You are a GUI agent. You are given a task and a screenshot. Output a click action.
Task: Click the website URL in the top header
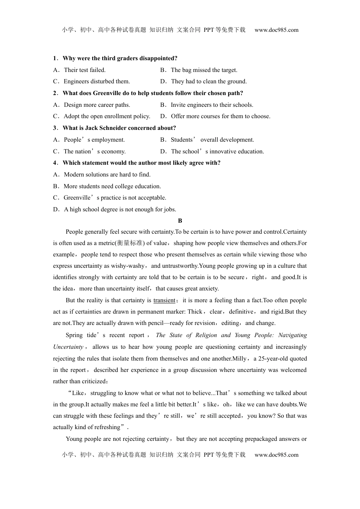tap(276, 30)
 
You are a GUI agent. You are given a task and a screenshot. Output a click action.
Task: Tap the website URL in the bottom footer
tap(276, 455)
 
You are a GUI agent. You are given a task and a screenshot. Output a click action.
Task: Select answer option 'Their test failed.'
tap(85, 70)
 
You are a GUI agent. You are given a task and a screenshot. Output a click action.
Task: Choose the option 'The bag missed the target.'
tap(204, 70)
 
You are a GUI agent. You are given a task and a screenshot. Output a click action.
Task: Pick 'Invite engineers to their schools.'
tap(212, 105)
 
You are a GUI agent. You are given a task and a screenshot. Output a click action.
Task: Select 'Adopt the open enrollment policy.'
tap(107, 116)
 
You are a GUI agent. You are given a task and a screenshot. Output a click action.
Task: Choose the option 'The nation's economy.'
tap(94, 151)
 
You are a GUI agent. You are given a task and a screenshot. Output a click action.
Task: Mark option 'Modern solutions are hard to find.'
tap(107, 175)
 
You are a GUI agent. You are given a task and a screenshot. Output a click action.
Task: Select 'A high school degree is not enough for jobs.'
tap(120, 209)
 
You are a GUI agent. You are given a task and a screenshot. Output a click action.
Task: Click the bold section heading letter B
tap(180, 221)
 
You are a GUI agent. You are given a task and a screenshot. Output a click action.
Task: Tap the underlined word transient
tap(164, 300)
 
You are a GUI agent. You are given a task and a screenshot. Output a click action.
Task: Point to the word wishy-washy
tap(129, 266)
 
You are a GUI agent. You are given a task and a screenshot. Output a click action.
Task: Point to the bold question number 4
tap(55, 163)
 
